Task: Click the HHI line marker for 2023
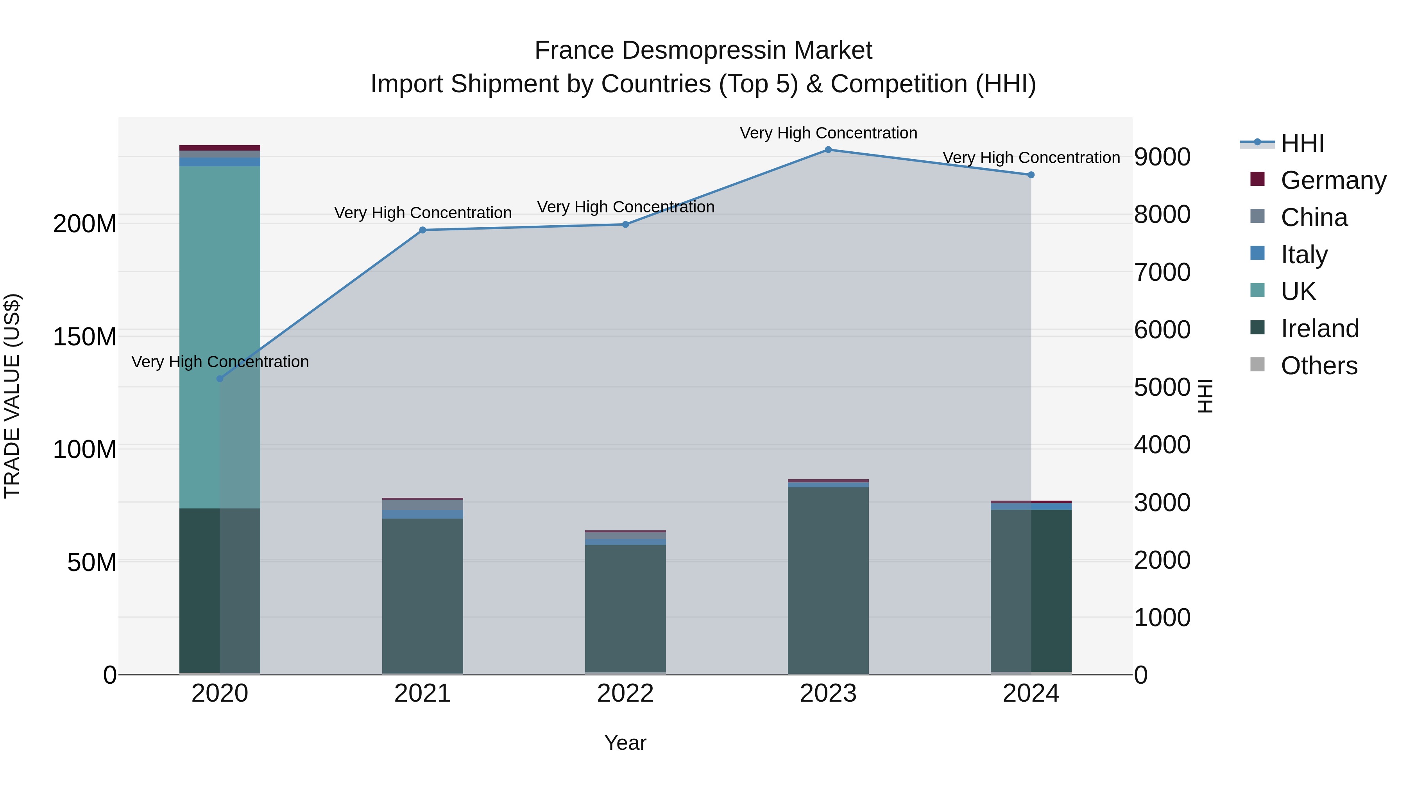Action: [828, 150]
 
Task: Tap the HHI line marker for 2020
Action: [220, 379]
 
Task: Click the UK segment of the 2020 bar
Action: [220, 328]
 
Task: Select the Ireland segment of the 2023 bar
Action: [828, 579]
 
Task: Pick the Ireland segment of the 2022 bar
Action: [625, 607]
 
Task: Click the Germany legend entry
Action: [1333, 180]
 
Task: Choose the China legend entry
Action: [1314, 217]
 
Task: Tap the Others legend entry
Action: [1319, 366]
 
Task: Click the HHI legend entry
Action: [1302, 143]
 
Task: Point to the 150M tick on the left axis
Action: [85, 337]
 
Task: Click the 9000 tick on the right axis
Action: [1162, 157]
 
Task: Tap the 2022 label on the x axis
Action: [625, 693]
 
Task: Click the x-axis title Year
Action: [625, 743]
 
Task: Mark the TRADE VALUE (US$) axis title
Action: [12, 396]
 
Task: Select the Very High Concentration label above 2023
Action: [828, 133]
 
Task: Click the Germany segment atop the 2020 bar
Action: [220, 147]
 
